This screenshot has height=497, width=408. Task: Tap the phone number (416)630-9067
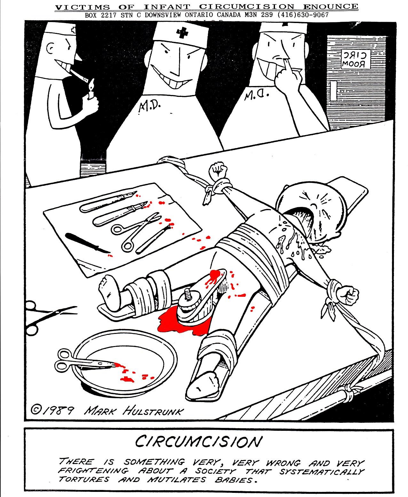303,15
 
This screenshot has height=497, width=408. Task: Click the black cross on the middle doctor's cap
181,33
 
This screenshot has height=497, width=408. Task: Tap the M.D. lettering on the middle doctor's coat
149,107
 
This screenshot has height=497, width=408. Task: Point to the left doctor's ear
51,48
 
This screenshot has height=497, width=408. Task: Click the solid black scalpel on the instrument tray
87,243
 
